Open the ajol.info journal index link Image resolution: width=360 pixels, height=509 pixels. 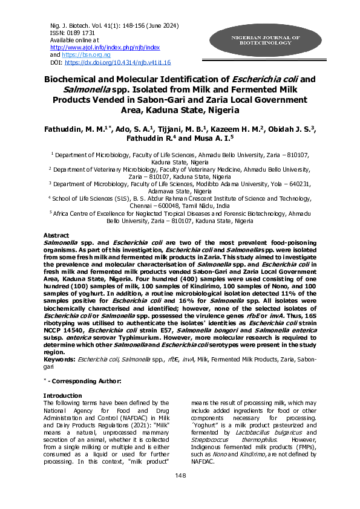point(105,47)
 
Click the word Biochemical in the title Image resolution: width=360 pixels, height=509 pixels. point(79,79)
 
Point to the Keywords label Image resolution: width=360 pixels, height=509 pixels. point(58,359)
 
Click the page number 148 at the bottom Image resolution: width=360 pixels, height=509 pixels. point(180,493)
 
